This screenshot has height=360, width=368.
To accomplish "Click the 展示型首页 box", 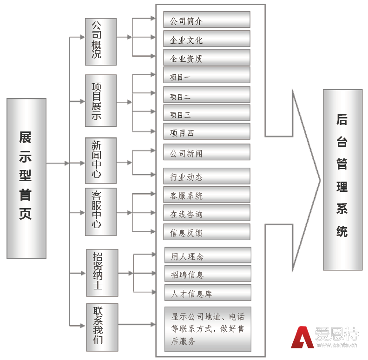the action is (26, 178).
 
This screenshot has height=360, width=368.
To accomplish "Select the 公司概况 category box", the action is (101, 42).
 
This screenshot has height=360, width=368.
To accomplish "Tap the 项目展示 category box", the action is (101, 100).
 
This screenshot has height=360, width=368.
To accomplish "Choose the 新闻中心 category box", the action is (101, 161).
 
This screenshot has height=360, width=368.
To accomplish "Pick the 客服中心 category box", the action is (101, 212).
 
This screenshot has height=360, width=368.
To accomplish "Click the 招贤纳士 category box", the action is (102, 273).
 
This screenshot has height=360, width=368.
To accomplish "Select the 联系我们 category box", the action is (102, 327).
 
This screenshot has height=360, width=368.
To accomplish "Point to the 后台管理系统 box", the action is (342, 180).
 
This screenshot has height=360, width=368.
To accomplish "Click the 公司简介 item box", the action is (207, 20).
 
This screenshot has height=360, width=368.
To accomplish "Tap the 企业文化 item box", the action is (207, 39).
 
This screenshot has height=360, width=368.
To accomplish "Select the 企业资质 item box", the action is (207, 57).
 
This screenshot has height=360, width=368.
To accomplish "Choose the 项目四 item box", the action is (207, 131).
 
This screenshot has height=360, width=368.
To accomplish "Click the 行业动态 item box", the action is (207, 176).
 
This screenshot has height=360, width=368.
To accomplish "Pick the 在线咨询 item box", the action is (207, 213).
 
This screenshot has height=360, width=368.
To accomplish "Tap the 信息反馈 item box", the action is (207, 232).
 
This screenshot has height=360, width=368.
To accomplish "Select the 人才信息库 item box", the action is (208, 293).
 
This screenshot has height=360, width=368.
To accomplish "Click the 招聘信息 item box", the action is (208, 274).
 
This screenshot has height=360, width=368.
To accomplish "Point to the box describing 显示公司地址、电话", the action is (208, 329).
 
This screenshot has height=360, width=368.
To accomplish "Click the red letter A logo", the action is (302, 337).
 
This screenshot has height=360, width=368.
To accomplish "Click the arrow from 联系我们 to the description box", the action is (137, 325).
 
